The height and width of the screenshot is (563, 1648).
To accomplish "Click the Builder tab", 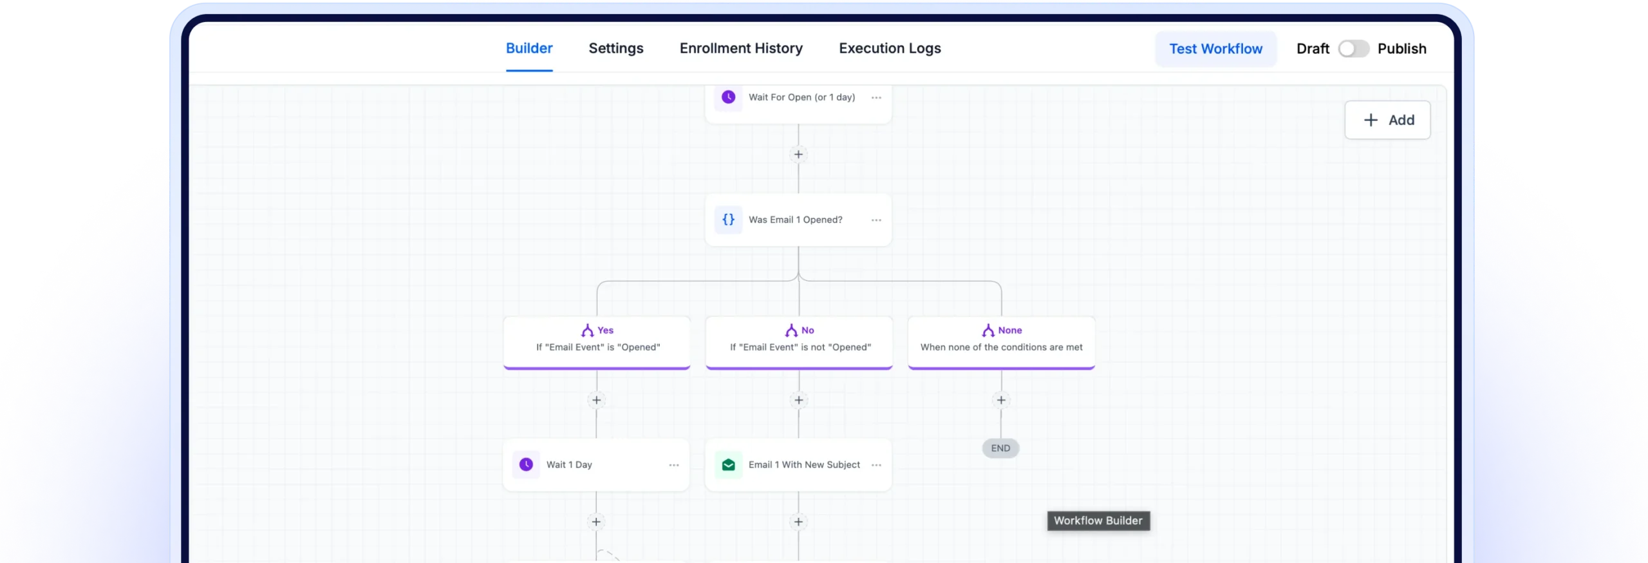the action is point(529,48).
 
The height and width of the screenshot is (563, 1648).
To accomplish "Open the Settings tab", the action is point(616,48).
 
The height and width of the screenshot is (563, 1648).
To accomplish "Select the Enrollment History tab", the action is point(741,48).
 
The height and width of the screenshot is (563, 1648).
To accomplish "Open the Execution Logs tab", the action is point(890,48).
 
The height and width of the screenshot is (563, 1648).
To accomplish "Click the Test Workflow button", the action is point(1215,49).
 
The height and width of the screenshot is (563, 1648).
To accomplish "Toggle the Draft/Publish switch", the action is point(1353,49).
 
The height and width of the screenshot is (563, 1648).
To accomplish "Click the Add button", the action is point(1387,120).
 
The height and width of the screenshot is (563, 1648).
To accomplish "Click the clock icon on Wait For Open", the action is point(728,97).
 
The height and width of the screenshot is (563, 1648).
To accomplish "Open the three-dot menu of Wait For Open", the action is point(876,98).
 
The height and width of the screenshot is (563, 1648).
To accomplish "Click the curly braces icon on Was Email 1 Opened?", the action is point(728,220).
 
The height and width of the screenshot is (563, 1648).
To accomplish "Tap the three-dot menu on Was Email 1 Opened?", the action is point(876,220).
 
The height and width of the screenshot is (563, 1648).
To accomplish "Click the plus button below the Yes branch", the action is point(597,400).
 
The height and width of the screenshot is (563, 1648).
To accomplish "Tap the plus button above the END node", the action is point(1001,400).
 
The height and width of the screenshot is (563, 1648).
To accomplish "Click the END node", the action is point(1000,448).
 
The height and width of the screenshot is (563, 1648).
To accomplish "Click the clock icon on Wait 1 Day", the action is point(526,464).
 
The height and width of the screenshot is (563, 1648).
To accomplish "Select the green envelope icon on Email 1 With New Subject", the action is point(728,464).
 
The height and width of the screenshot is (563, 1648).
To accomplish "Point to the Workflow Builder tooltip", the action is point(1098,520).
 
